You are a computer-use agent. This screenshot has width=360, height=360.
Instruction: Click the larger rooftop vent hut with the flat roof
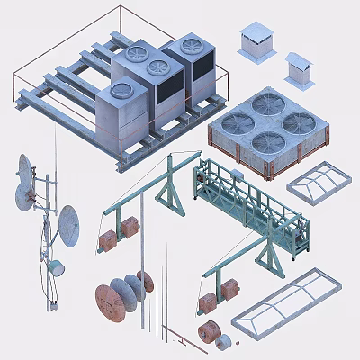coord(256,41)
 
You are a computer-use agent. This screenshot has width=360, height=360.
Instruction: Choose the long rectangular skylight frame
coord(285,301)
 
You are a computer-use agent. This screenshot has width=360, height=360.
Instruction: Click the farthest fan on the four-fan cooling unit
coord(267,104)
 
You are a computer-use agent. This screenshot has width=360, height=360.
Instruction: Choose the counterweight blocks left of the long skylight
coord(224,289)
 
